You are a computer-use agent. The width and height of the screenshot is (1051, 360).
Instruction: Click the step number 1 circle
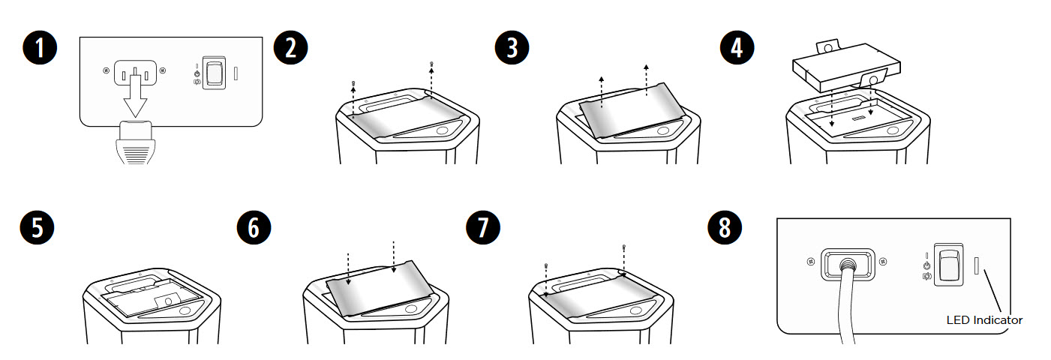point(40,48)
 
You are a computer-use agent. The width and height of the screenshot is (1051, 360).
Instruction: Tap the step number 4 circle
point(737,48)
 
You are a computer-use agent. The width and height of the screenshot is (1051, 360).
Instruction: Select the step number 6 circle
point(254,228)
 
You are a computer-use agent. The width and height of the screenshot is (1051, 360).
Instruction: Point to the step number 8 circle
point(725,228)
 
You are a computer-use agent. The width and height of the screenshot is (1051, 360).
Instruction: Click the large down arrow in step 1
point(135,94)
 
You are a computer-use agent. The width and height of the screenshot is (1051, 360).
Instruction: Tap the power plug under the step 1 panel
point(136,142)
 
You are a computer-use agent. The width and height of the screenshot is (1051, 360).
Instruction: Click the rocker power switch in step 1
point(214,73)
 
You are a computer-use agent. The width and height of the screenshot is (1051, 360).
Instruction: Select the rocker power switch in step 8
point(949,265)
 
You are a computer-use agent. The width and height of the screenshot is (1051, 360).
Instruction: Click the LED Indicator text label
point(984,320)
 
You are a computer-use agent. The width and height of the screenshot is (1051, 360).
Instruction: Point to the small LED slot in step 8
point(977,265)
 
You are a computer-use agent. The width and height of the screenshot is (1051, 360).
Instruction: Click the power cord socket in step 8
point(848,265)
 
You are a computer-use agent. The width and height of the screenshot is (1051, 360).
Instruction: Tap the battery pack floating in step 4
point(846,66)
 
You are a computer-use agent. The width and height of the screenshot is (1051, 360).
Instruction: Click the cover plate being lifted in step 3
point(632,111)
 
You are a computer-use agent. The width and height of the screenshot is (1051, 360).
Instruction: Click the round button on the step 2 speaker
point(442,130)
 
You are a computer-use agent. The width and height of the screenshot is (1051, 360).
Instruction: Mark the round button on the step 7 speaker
point(636,310)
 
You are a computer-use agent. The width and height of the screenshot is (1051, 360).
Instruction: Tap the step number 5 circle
point(37,228)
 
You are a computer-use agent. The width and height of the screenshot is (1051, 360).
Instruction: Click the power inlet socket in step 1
point(135,72)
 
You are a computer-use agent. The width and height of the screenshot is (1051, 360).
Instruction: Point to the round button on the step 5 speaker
point(185,310)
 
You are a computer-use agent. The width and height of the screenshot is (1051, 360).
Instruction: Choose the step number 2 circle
point(291,48)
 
